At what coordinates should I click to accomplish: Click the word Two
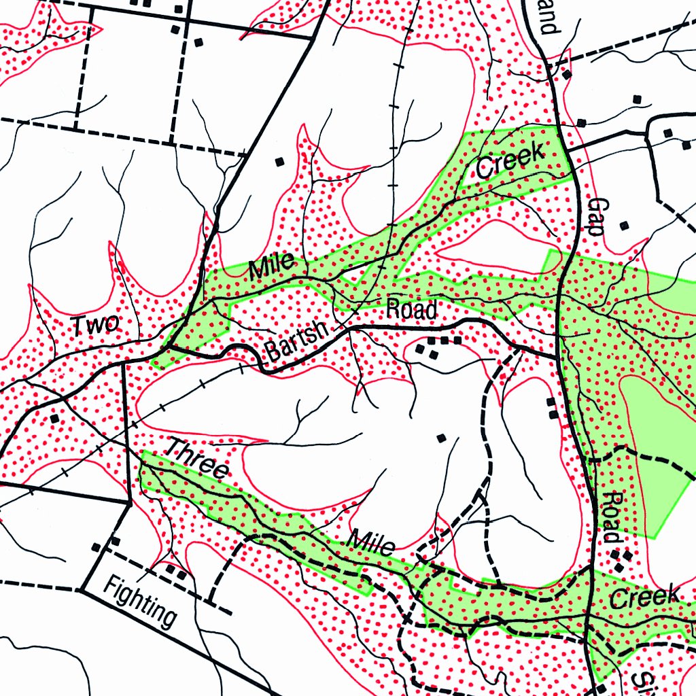(x=96, y=325)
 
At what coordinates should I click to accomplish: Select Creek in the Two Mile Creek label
(x=510, y=161)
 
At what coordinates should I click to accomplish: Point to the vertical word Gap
(x=595, y=216)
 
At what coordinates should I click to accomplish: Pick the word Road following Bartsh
(x=411, y=309)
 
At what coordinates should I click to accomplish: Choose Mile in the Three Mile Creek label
(x=372, y=542)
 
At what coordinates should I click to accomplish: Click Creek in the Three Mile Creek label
(x=644, y=597)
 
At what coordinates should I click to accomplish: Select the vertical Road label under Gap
(x=611, y=517)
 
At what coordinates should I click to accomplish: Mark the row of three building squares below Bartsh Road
(x=445, y=340)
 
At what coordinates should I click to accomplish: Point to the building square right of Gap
(x=625, y=225)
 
